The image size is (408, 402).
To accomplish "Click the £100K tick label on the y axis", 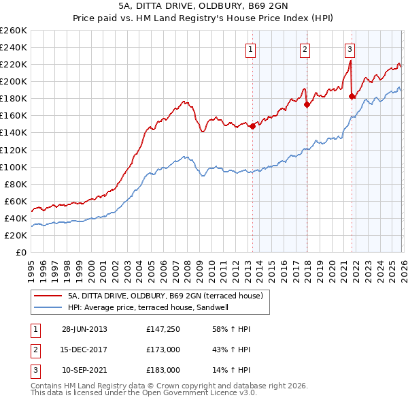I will (13, 167).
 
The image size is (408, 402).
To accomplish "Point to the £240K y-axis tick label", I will (13, 47).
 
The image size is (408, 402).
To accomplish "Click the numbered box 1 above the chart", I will (251, 49).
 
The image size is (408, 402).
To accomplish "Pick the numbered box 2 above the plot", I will (305, 49).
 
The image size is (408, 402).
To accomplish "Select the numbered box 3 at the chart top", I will (350, 49).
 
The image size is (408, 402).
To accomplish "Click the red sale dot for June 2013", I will (252, 126).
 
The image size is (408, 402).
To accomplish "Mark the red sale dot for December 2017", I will (307, 104).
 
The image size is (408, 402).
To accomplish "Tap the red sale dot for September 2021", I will (352, 96).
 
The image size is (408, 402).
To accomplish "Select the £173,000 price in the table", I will (163, 350).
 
